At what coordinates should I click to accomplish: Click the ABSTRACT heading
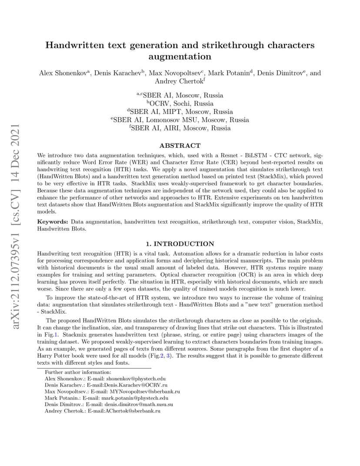pyautogui.click(x=180, y=146)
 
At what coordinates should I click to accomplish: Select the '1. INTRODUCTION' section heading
pyautogui.click(x=180, y=244)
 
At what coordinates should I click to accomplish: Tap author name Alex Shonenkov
pyautogui.click(x=63, y=73)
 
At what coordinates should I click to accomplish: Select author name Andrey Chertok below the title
pyautogui.click(x=179, y=81)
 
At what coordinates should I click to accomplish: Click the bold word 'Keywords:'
pyautogui.click(x=53, y=222)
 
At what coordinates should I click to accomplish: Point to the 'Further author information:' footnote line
pyautogui.click(x=78, y=372)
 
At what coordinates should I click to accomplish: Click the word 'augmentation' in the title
pyautogui.click(x=180, y=57)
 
